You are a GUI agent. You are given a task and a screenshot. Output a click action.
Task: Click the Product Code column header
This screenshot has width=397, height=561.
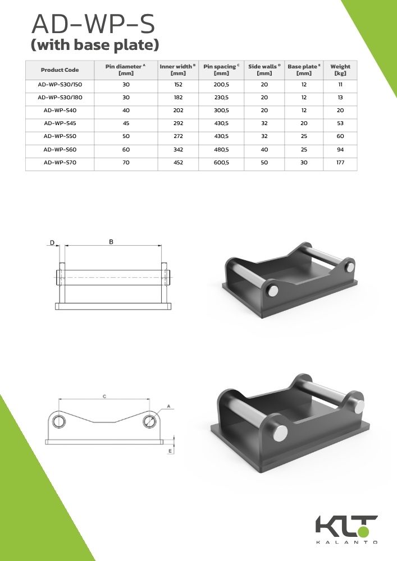pos(60,70)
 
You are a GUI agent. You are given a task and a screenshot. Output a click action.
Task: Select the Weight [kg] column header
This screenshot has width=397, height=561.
pos(340,70)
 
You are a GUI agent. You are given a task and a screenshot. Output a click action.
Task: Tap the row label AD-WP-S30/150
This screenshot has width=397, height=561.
pos(60,85)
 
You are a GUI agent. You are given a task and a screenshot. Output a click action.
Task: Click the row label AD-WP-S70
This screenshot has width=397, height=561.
pos(60,163)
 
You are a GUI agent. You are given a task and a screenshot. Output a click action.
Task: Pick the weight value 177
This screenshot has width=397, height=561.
pos(340,163)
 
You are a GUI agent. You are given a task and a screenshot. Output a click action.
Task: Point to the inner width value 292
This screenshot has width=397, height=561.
pos(178,123)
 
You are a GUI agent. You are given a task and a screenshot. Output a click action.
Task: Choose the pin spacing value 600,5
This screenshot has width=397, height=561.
pos(221,163)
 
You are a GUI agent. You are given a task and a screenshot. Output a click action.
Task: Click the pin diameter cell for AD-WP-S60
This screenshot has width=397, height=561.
pos(126,150)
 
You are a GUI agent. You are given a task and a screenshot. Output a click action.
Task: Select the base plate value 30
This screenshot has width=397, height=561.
pos(304,163)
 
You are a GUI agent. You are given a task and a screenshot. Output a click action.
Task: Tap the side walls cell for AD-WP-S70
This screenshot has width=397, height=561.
pos(264,163)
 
